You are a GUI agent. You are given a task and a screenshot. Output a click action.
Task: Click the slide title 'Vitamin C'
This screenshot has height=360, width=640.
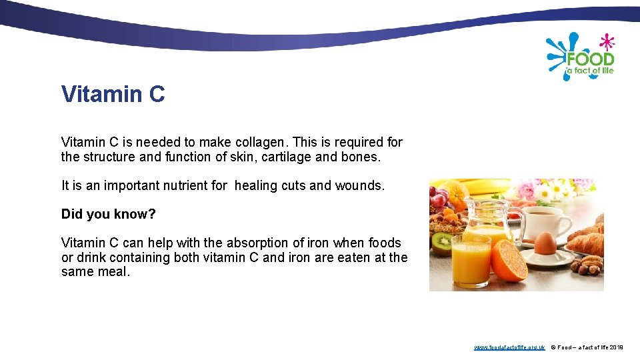point(113,95)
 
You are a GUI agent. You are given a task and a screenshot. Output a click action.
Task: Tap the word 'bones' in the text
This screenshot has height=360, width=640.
point(362,157)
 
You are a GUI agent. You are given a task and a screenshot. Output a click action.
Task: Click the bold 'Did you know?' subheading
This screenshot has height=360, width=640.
point(108,214)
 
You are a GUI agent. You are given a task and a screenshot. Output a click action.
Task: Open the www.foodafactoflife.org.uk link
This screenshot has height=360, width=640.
point(509,348)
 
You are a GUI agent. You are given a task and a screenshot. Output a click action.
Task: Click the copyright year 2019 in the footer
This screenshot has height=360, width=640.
point(616,348)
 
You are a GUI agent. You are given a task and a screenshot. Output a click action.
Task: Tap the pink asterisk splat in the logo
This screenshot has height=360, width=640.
point(607,42)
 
